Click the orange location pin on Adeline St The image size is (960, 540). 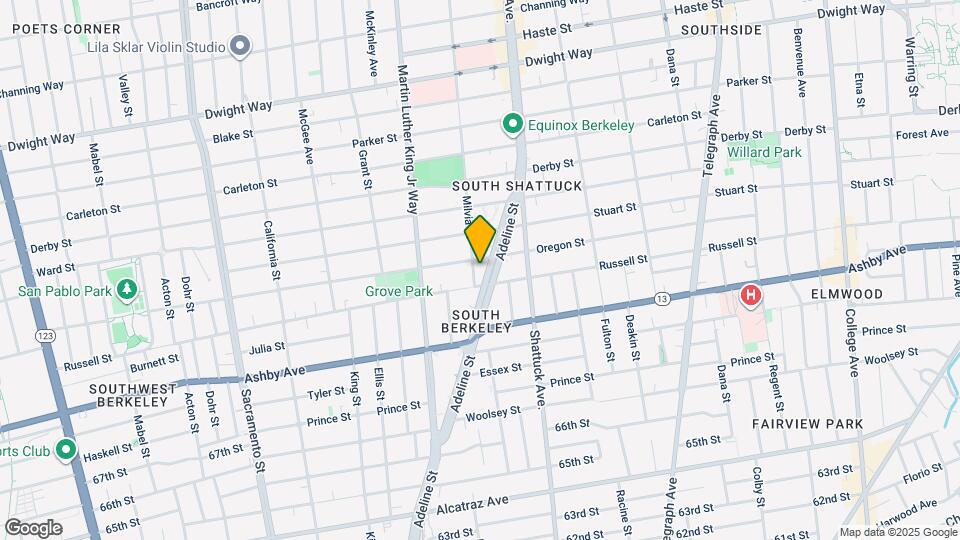pyautogui.click(x=480, y=239)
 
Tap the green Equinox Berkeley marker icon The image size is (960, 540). pyautogui.click(x=513, y=125)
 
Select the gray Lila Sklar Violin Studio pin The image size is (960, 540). pyautogui.click(x=240, y=46)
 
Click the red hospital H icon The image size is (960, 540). pyautogui.click(x=750, y=296)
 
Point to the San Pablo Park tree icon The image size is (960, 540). pyautogui.click(x=126, y=291)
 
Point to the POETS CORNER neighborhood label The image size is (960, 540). pyautogui.click(x=53, y=29)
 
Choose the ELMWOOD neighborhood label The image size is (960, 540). pyautogui.click(x=847, y=294)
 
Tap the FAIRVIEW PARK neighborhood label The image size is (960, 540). pyautogui.click(x=807, y=424)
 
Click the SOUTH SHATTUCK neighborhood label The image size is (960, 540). pyautogui.click(x=516, y=187)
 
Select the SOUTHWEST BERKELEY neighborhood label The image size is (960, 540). pyautogui.click(x=132, y=395)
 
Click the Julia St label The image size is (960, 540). pyautogui.click(x=267, y=348)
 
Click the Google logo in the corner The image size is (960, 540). pyautogui.click(x=33, y=527)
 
